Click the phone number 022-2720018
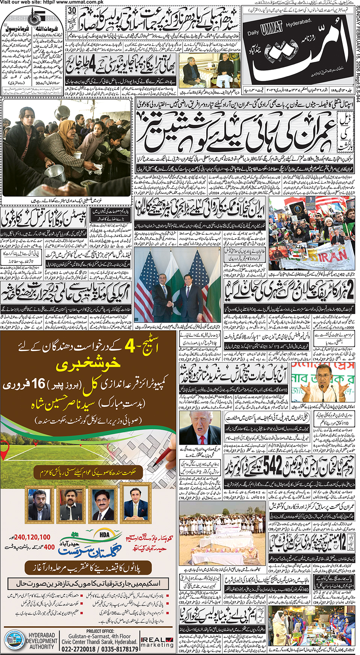coord(78,649)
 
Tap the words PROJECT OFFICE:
coord(100,631)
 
